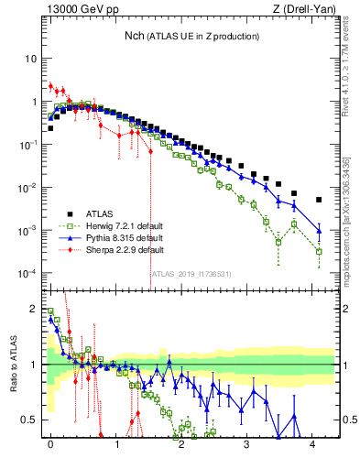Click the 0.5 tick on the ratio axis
pos(32,420)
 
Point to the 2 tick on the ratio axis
pos(35,308)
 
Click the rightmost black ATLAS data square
pos(319,200)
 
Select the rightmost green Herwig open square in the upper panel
pos(319,251)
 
